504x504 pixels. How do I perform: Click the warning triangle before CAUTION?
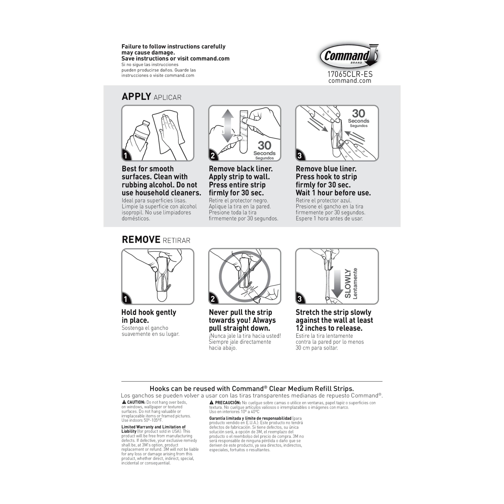[x=124, y=402]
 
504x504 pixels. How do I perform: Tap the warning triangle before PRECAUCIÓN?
[x=212, y=403]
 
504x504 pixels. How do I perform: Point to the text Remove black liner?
[x=241, y=169]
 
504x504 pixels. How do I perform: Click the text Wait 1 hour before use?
[x=333, y=193]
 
